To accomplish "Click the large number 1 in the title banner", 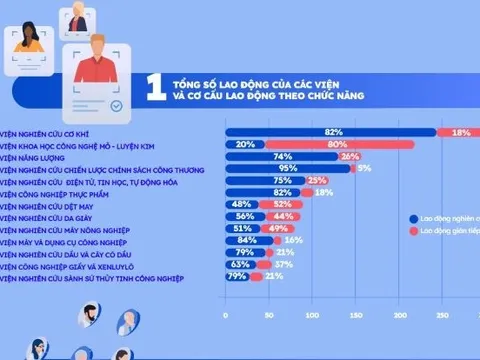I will (x=154, y=87).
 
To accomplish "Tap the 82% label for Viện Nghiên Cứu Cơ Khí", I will (x=334, y=132).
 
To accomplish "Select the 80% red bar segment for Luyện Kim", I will (x=330, y=144).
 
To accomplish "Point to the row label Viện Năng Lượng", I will (x=34, y=156).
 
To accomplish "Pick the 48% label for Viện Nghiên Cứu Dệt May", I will (x=240, y=204).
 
